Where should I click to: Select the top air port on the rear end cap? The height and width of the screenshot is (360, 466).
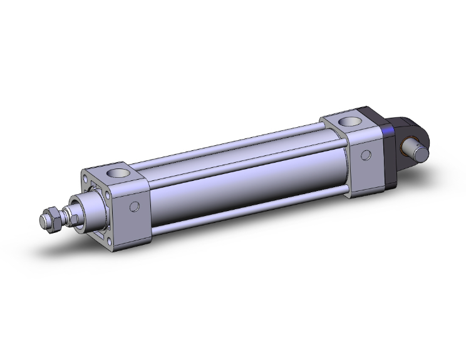pos(346,122)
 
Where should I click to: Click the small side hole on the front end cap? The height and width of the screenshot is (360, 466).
pos(133,207)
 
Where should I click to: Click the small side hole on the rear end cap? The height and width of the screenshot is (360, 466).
pos(365,153)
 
